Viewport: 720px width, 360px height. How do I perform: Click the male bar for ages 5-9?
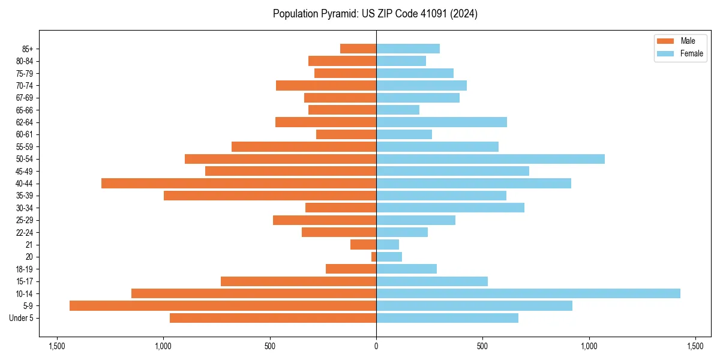[x=223, y=305]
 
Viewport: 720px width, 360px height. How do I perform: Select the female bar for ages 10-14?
[x=528, y=293]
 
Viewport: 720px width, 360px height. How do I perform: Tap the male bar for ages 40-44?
[x=239, y=183]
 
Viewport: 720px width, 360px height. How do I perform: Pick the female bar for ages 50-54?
[x=490, y=159]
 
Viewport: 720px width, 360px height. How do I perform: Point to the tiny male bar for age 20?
[x=374, y=257]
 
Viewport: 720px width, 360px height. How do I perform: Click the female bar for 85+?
[x=408, y=49]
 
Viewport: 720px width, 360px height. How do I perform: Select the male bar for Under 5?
[x=273, y=318]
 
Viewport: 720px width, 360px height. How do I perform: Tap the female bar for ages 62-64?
[x=442, y=122]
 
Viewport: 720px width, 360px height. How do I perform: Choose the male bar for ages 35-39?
[x=270, y=196]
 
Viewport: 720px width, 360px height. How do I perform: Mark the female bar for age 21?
[x=388, y=244]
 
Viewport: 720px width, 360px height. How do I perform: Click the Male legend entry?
[x=680, y=41]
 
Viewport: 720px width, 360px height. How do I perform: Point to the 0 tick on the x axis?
[x=376, y=346]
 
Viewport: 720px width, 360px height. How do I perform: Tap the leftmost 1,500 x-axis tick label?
[x=57, y=346]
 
